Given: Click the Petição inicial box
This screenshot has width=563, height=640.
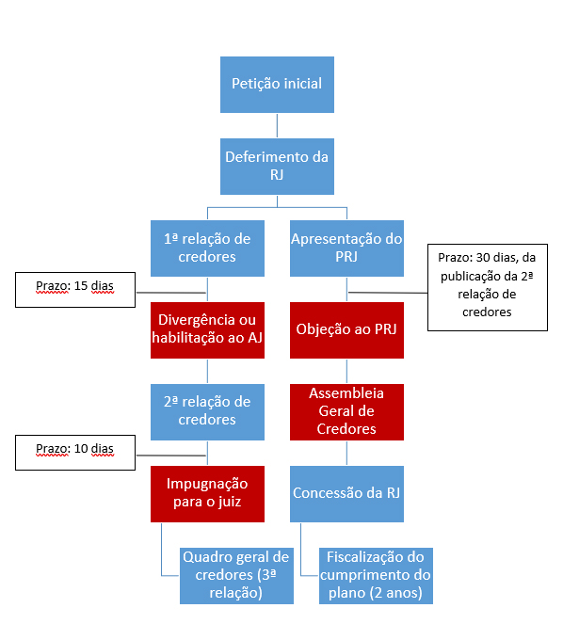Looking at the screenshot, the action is [x=277, y=85].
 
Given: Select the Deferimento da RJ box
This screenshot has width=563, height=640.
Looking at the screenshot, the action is [x=277, y=167].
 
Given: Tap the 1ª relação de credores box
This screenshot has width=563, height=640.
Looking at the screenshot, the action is [x=207, y=248].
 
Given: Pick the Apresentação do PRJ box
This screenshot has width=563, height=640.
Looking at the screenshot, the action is [x=346, y=248].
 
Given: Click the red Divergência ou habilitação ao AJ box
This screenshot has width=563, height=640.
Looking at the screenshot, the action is [x=207, y=330].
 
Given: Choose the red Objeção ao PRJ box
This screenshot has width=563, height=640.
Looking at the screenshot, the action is [x=346, y=330].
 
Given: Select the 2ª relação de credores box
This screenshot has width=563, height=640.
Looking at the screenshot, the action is [x=207, y=412].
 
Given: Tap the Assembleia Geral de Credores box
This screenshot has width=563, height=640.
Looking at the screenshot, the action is [x=346, y=412].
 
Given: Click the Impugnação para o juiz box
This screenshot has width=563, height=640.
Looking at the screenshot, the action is [x=207, y=494].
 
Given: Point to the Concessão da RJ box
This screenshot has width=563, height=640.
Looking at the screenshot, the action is [x=346, y=494].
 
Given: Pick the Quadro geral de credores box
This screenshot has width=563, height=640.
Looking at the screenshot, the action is [x=236, y=575].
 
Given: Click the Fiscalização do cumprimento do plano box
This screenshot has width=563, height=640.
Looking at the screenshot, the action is [x=376, y=575].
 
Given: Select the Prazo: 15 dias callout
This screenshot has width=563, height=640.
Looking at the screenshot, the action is [x=75, y=290].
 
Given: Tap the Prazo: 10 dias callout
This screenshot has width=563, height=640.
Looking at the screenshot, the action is [x=75, y=453].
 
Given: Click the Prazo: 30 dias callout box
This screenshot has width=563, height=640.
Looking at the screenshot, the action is [x=488, y=287].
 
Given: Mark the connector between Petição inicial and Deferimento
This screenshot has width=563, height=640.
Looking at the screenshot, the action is [x=277, y=126].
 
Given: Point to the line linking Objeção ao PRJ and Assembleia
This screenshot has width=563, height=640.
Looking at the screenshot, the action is [x=347, y=372].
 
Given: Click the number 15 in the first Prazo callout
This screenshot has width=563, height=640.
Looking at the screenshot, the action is [x=81, y=286].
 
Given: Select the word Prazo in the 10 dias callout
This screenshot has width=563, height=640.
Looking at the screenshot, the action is [x=53, y=449].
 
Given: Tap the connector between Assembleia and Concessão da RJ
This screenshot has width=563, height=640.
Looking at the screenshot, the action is [x=347, y=453].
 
